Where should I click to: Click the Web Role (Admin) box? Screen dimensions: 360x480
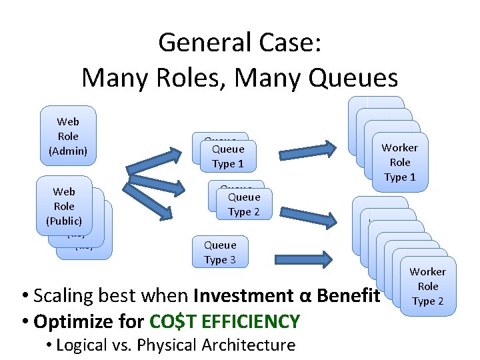(68, 136)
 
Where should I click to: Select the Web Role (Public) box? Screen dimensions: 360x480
(64, 206)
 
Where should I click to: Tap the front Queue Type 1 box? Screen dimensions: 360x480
(228, 156)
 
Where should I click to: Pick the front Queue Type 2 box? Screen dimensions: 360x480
(244, 204)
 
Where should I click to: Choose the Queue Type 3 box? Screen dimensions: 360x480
(220, 252)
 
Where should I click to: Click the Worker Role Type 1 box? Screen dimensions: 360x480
(400, 162)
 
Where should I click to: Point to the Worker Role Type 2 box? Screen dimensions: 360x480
(428, 286)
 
